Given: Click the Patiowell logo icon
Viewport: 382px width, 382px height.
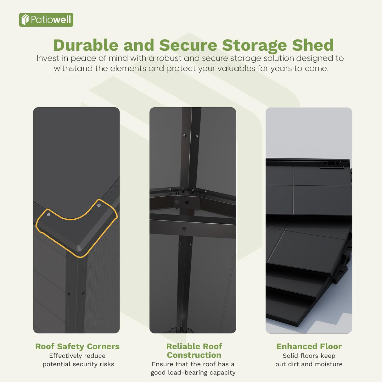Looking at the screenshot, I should (25, 20).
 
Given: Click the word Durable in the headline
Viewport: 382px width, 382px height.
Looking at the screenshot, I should (86, 45).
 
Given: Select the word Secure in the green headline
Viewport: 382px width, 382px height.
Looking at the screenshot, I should (188, 45).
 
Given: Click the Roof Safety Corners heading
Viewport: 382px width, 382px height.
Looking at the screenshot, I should (77, 346).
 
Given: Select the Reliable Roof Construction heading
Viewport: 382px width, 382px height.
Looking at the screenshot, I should (194, 351).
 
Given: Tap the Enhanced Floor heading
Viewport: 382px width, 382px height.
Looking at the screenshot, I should (309, 346).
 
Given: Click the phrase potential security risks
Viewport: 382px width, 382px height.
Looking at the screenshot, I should (78, 364).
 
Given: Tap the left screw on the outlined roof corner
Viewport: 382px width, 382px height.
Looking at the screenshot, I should (49, 215).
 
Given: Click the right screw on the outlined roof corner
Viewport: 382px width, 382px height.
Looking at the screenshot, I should (99, 205).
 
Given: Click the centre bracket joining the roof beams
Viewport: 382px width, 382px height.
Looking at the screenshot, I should (187, 202).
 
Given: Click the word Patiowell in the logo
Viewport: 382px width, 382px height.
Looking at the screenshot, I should (51, 20).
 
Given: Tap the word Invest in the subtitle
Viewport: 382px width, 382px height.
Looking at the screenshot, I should (48, 58).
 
